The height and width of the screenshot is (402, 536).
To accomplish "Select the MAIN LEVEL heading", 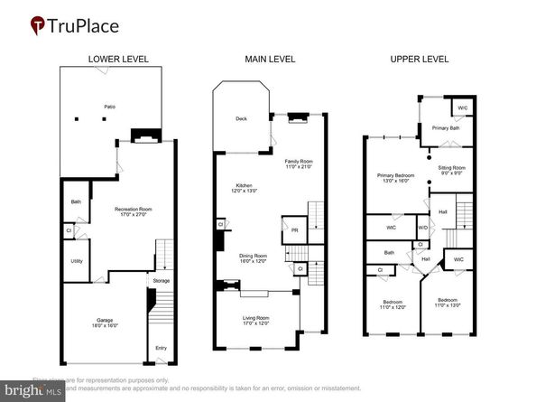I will (269, 60).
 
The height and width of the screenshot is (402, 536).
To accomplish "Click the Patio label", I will (109, 107).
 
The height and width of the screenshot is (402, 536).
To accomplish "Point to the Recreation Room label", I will (132, 209).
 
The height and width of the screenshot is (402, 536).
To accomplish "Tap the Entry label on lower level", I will (161, 348).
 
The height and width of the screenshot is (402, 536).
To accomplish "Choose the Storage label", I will (162, 281).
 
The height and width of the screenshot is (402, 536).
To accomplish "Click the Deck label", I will (242, 118).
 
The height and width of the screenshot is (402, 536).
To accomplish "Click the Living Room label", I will (256, 318).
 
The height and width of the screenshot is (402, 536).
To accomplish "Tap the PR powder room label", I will (292, 229).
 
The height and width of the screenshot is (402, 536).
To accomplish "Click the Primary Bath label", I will (446, 128).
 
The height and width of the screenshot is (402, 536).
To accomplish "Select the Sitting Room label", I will (452, 167).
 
